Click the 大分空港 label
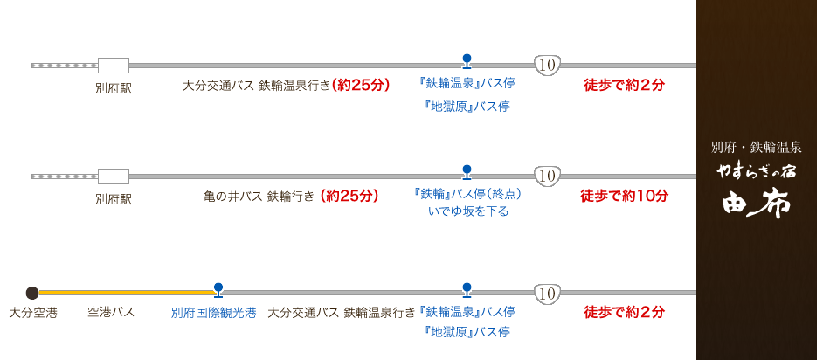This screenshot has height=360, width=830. click(33, 312)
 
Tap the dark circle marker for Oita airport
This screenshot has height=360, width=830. click(32, 292)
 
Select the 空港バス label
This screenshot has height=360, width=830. click(110, 312)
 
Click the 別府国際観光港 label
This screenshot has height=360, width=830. click(208, 313)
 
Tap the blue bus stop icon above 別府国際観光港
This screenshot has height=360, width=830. click(218, 288)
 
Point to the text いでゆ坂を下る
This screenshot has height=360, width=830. click(467, 212)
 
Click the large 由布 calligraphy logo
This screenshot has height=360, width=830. click(756, 204)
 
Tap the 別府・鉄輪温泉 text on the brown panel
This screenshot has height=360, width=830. click(756, 147)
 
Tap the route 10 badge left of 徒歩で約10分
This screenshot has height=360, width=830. click(547, 176)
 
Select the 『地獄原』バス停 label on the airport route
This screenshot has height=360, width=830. click(467, 332)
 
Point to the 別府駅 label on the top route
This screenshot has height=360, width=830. click(114, 88)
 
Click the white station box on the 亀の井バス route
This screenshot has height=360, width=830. click(113, 176)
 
